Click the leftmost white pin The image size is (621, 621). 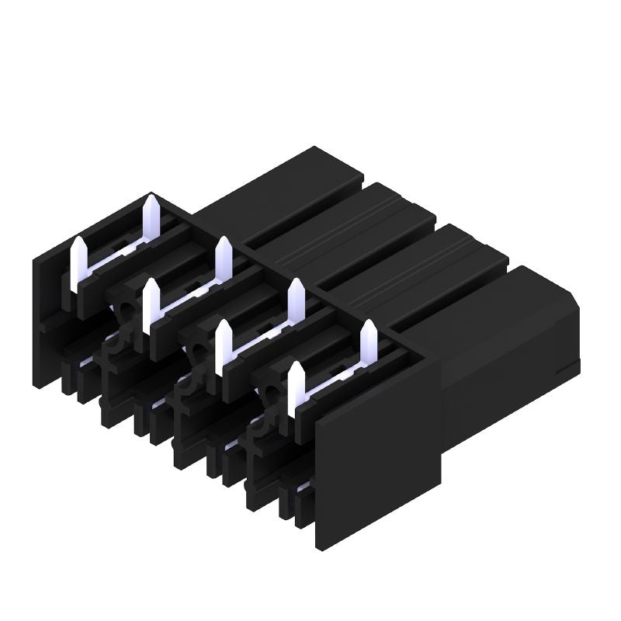[78, 264]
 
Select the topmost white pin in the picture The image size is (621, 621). [152, 217]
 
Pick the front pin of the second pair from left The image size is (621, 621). [151, 306]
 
